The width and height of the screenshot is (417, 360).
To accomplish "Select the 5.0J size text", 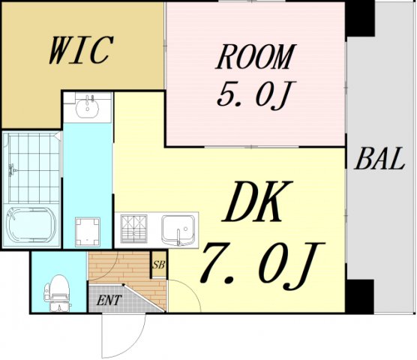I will (x=256, y=94).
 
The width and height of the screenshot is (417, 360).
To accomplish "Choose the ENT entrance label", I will (x=109, y=301).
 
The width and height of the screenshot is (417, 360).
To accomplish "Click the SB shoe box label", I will (x=158, y=265).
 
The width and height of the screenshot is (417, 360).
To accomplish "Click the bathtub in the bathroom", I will (x=30, y=223).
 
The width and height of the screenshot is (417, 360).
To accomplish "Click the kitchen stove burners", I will (x=136, y=228).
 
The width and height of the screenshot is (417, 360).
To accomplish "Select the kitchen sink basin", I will (x=179, y=228).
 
